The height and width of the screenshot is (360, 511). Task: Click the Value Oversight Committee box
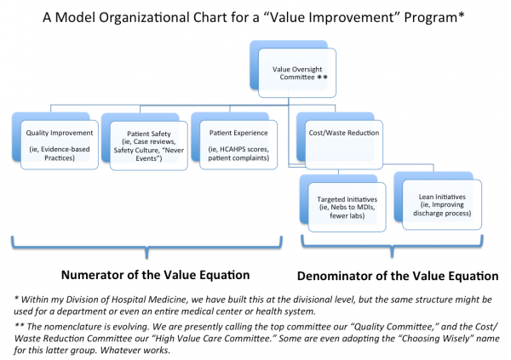coord(297,72)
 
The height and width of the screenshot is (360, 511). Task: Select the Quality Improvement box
coord(60,145)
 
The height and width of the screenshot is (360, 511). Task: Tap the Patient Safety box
coord(148,146)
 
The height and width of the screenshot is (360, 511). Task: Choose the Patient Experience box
coord(238,145)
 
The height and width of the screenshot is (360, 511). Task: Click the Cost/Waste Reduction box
coord(344,145)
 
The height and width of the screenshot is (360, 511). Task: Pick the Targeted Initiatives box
coord(347,207)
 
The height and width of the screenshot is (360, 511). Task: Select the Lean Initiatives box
coord(442,204)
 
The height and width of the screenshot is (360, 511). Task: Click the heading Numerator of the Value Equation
coord(156,275)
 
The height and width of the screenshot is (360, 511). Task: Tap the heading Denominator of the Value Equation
coord(398,276)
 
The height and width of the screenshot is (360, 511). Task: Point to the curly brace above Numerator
coord(146,247)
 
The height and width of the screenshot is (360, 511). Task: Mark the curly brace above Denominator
coord(392,246)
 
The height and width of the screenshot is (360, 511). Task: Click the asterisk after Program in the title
coord(461,15)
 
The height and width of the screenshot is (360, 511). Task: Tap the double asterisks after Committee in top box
coord(322,77)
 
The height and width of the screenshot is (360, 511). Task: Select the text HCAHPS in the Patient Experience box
coord(232,149)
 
